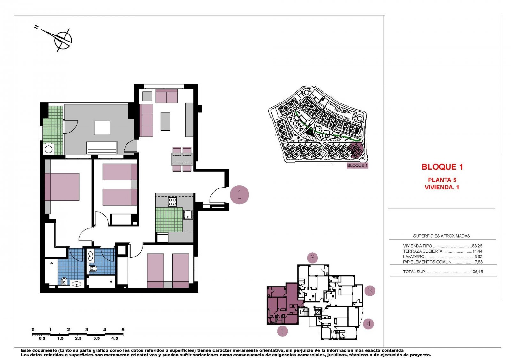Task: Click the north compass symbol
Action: pyautogui.click(x=63, y=40)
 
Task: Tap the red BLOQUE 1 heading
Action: pyautogui.click(x=442, y=167)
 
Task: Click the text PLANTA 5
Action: pyautogui.click(x=442, y=180)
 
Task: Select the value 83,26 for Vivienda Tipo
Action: pyautogui.click(x=477, y=246)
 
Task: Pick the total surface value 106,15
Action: pyautogui.click(x=477, y=272)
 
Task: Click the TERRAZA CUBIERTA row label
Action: pyautogui.click(x=423, y=251)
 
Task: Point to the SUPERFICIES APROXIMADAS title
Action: pyautogui.click(x=441, y=236)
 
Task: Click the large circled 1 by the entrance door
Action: pyautogui.click(x=239, y=195)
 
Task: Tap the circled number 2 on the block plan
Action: pyautogui.click(x=312, y=257)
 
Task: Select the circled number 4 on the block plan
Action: pyautogui.click(x=368, y=324)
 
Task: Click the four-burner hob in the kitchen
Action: pyautogui.click(x=172, y=202)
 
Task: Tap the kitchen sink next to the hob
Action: pyautogui.click(x=188, y=214)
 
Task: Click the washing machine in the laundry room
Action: pyautogui.click(x=49, y=149)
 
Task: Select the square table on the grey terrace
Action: pyautogui.click(x=102, y=128)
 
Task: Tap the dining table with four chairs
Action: pyautogui.click(x=182, y=158)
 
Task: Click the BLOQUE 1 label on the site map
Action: pyautogui.click(x=357, y=165)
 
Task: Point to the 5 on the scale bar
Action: pyautogui.click(x=123, y=330)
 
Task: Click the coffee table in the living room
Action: pyautogui.click(x=165, y=121)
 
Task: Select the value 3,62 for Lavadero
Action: pyautogui.click(x=478, y=257)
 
